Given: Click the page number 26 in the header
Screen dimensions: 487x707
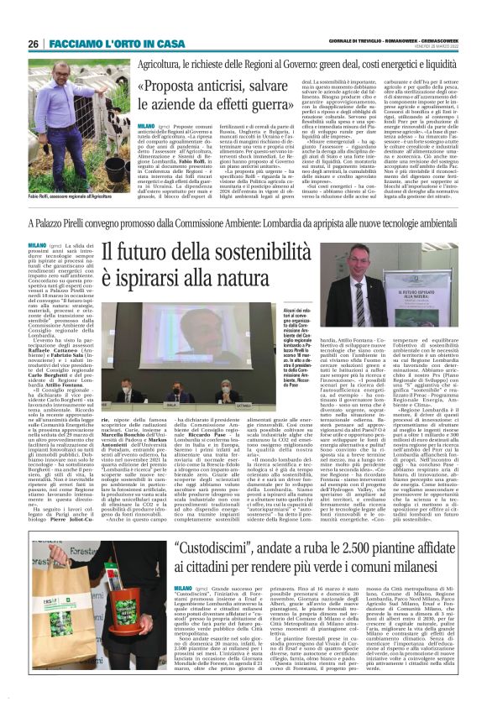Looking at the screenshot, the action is (x=33, y=43).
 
